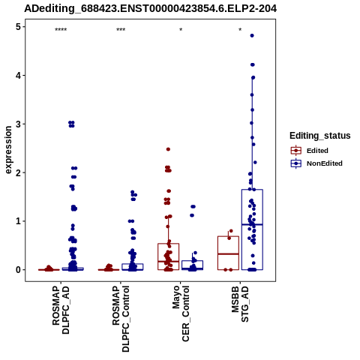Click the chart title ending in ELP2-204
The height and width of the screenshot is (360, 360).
(x=151, y=9)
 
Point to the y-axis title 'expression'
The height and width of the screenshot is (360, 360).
(x=8, y=150)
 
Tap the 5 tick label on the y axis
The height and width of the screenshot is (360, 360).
(x=19, y=27)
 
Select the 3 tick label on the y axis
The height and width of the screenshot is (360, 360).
(x=19, y=124)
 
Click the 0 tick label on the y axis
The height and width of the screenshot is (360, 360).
(x=19, y=270)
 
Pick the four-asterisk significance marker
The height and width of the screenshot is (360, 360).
(x=61, y=30)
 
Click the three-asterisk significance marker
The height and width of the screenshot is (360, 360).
(x=121, y=30)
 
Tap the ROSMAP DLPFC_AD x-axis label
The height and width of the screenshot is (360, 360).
(x=61, y=310)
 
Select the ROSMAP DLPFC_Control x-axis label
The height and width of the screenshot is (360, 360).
(x=121, y=319)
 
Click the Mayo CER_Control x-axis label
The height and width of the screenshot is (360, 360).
(x=181, y=313)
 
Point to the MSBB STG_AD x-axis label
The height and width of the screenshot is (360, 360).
(x=240, y=304)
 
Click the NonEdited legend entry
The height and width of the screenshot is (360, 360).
(x=316, y=163)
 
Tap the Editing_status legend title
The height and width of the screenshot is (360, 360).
(x=320, y=136)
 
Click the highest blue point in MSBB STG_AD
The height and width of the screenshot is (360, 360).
(x=252, y=36)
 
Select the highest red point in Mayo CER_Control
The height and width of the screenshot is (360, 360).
(x=168, y=149)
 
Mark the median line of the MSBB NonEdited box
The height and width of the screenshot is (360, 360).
(x=252, y=224)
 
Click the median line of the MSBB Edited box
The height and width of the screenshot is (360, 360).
(x=228, y=254)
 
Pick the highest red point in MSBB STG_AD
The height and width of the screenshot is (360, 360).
(x=231, y=231)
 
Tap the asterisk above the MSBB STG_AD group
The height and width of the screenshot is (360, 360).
(x=240, y=30)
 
